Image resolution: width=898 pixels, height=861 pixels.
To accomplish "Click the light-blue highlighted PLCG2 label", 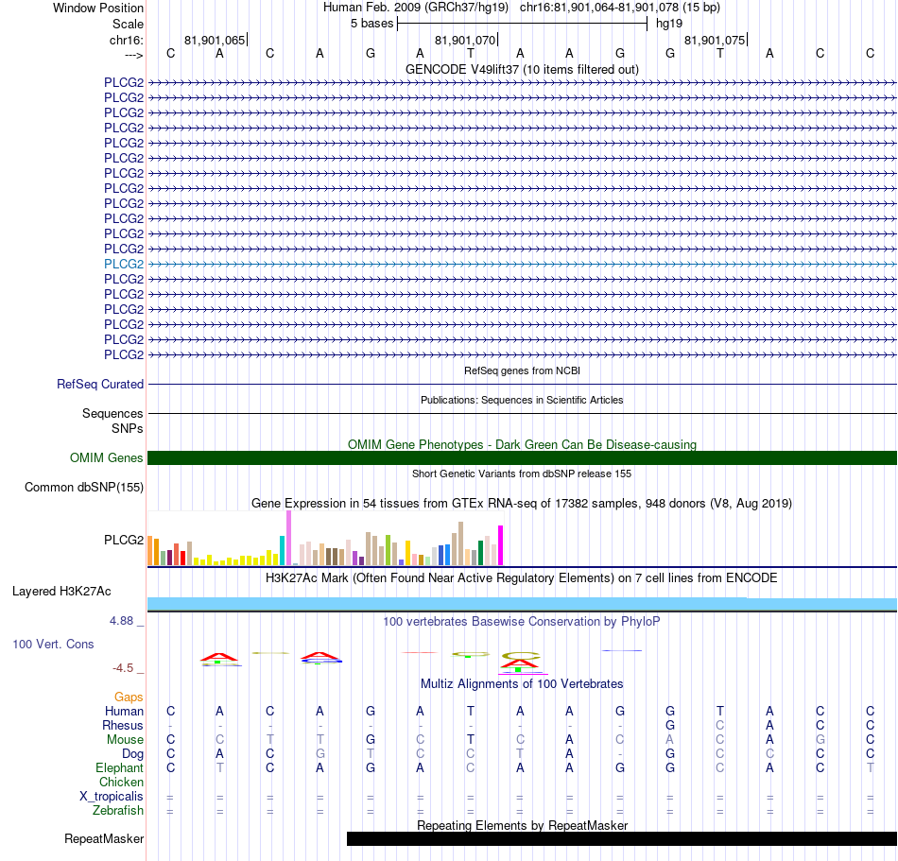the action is (124, 264).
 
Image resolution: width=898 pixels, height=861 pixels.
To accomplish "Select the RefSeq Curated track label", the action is (100, 384).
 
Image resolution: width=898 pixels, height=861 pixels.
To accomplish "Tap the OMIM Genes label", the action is (107, 458).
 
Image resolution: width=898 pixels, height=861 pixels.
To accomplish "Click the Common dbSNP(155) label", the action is (84, 487).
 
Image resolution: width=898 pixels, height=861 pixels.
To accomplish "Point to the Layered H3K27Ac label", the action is (61, 592).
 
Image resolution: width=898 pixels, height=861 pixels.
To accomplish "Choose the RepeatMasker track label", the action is (104, 838).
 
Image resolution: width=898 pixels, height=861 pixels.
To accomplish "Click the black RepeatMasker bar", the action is (622, 838).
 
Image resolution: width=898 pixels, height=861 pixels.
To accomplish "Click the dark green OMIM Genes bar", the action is (523, 458).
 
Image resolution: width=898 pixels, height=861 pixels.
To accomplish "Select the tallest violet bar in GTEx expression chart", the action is (288, 538).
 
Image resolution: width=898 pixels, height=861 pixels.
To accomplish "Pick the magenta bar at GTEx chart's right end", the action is (501, 545).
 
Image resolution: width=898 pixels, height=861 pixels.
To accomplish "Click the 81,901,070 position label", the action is (465, 40).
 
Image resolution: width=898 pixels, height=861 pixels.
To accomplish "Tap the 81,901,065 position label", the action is (215, 40).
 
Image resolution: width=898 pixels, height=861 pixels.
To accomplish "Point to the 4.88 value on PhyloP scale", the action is (121, 621).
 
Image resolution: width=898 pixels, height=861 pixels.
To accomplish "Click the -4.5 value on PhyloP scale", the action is (123, 668).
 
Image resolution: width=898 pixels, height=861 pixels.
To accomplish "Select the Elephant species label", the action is (120, 767).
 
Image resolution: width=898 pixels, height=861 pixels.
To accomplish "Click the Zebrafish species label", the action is (118, 811).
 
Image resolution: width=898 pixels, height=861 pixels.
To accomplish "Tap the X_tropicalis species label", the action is (112, 797).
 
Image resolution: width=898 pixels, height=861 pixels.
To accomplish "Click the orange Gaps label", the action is (129, 697).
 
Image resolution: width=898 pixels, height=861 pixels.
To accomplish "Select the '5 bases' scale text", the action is (372, 24).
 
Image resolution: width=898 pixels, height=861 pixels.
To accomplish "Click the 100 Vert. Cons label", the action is (53, 644).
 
